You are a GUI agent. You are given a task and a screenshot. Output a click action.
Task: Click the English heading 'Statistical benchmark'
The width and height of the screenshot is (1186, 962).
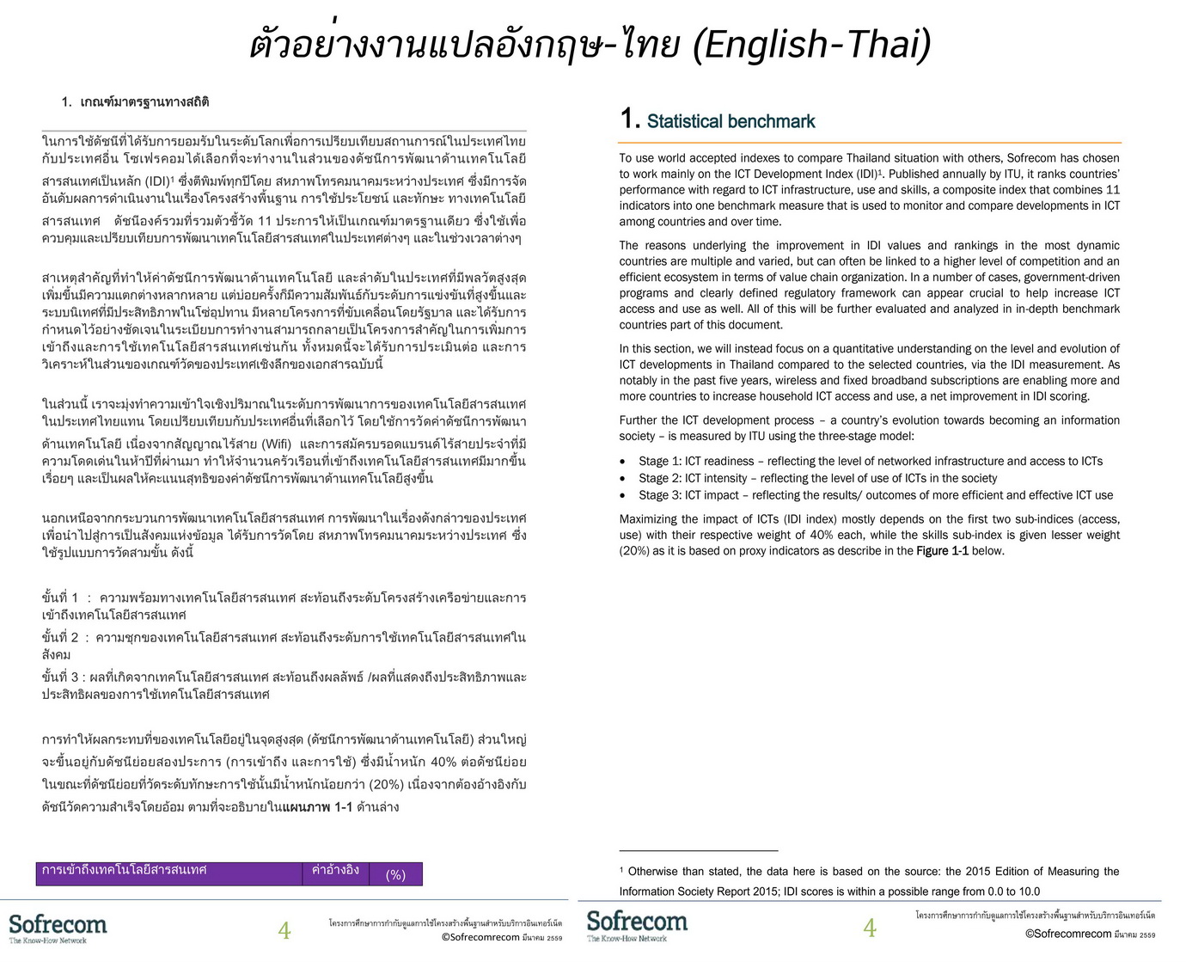pyautogui.click(x=731, y=121)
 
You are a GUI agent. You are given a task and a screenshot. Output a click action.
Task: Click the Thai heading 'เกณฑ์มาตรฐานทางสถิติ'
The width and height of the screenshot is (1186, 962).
pyautogui.click(x=144, y=102)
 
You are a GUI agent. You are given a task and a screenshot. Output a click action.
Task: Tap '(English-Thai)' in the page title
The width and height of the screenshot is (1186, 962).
pyautogui.click(x=812, y=45)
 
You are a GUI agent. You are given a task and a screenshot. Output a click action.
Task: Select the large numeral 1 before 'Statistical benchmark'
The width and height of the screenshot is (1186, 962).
pyautogui.click(x=629, y=119)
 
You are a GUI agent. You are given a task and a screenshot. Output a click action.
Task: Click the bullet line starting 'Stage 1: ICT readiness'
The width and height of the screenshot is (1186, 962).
pyautogui.click(x=870, y=462)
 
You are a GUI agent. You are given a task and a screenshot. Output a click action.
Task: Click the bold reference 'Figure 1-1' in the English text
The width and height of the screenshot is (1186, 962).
pyautogui.click(x=942, y=551)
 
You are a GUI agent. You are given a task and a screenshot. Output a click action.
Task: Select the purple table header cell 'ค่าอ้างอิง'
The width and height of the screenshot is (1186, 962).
pyautogui.click(x=335, y=871)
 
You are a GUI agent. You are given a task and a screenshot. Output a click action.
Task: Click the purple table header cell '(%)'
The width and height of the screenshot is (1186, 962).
pyautogui.click(x=395, y=875)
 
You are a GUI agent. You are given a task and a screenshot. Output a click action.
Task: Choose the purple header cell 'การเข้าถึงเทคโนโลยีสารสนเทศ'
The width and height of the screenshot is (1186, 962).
pyautogui.click(x=125, y=870)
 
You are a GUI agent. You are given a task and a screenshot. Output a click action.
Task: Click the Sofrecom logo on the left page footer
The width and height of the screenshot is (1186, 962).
pyautogui.click(x=58, y=927)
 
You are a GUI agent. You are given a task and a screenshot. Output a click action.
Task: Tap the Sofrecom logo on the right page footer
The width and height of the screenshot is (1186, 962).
pyautogui.click(x=637, y=924)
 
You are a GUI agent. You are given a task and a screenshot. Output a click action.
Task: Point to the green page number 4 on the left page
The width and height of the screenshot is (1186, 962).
pyautogui.click(x=284, y=930)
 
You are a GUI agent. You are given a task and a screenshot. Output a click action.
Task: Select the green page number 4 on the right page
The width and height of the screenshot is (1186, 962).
pyautogui.click(x=870, y=928)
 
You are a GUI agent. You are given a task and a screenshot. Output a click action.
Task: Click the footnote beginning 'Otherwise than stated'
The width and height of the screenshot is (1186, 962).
pyautogui.click(x=869, y=881)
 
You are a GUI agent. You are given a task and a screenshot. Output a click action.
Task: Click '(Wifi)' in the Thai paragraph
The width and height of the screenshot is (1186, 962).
pyautogui.click(x=275, y=444)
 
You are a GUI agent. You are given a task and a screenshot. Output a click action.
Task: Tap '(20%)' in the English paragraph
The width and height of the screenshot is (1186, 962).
pyautogui.click(x=634, y=551)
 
